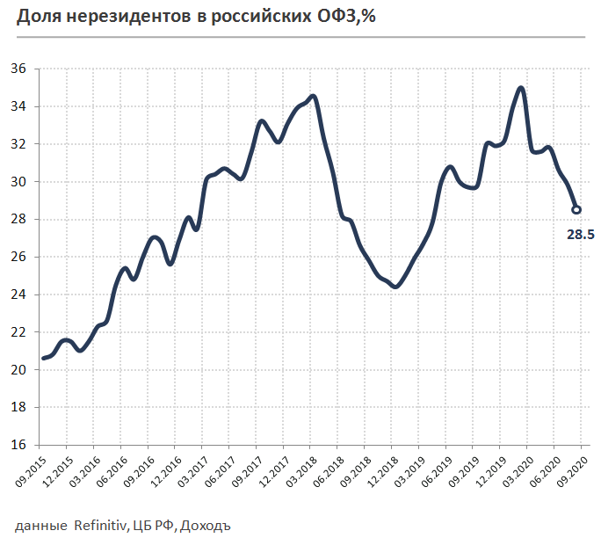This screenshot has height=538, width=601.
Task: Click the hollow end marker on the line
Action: tap(577, 209)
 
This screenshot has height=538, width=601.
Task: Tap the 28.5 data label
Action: tap(578, 234)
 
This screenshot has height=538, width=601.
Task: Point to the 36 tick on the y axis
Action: tap(19, 69)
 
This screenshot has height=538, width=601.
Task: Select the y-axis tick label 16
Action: tap(19, 445)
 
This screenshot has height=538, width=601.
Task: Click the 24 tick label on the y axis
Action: tap(19, 294)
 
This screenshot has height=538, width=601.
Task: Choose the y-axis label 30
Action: tap(19, 182)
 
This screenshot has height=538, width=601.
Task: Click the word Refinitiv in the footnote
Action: tap(99, 526)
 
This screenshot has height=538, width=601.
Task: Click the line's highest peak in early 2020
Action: tap(521, 88)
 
